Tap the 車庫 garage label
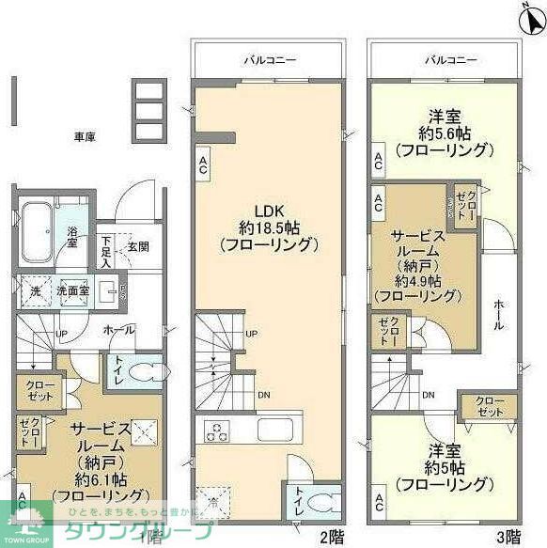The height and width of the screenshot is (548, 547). (86, 136)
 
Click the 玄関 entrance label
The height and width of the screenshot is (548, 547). (138, 247)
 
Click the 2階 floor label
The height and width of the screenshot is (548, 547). (331, 537)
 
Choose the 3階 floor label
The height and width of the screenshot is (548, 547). (508, 537)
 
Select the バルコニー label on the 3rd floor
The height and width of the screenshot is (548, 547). (445, 59)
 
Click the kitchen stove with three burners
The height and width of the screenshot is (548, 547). (217, 433)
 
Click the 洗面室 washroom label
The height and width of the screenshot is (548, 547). (72, 291)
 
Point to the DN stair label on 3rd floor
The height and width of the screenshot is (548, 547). (428, 395)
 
